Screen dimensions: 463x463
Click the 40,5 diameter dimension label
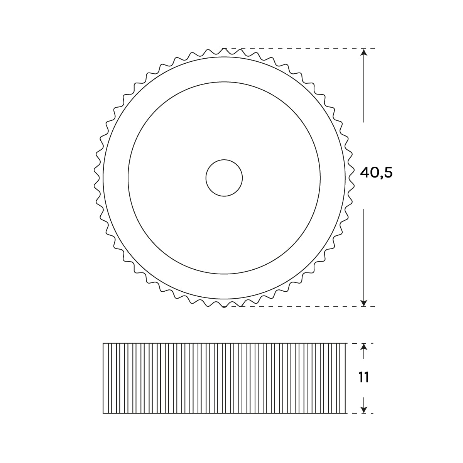(x=376, y=173)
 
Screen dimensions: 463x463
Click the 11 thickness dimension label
(x=363, y=377)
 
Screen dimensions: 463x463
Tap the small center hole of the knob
(x=224, y=178)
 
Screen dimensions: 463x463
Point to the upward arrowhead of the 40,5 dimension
(x=364, y=52)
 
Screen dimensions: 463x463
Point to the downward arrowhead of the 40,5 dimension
(x=364, y=303)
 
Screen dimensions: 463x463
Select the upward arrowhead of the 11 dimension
(x=364, y=347)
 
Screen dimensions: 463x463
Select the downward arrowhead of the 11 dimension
(x=364, y=409)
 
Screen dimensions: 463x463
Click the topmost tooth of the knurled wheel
(x=224, y=50)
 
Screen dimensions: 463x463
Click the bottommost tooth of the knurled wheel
(x=224, y=305)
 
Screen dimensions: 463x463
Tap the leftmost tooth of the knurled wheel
(x=95, y=178)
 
